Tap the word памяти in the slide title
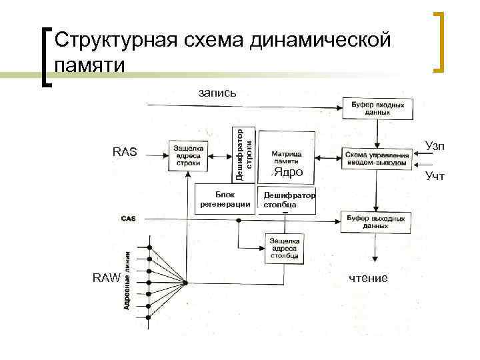(x=91, y=65)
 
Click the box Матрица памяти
(x=285, y=157)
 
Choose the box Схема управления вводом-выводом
(x=376, y=159)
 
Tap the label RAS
(x=125, y=153)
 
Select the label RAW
(x=107, y=279)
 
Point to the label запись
(x=217, y=93)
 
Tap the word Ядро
(x=288, y=173)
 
